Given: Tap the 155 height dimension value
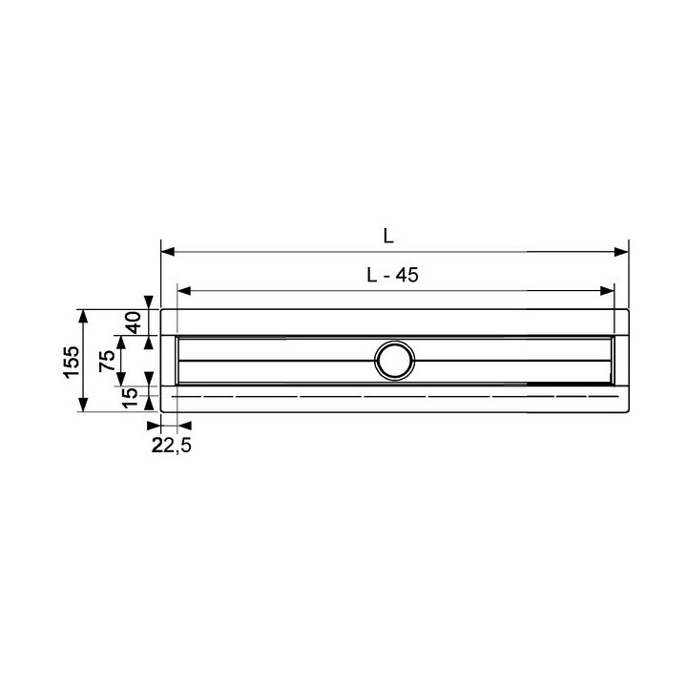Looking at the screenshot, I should pos(71,361).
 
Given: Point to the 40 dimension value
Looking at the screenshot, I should pos(134,322).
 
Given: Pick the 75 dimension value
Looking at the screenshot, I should pos(108,360).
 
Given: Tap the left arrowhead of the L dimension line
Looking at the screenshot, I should pos(167,252).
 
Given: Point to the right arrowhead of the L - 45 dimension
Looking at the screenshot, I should pos(607,291).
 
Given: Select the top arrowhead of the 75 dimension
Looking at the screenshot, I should pos(120,341).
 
